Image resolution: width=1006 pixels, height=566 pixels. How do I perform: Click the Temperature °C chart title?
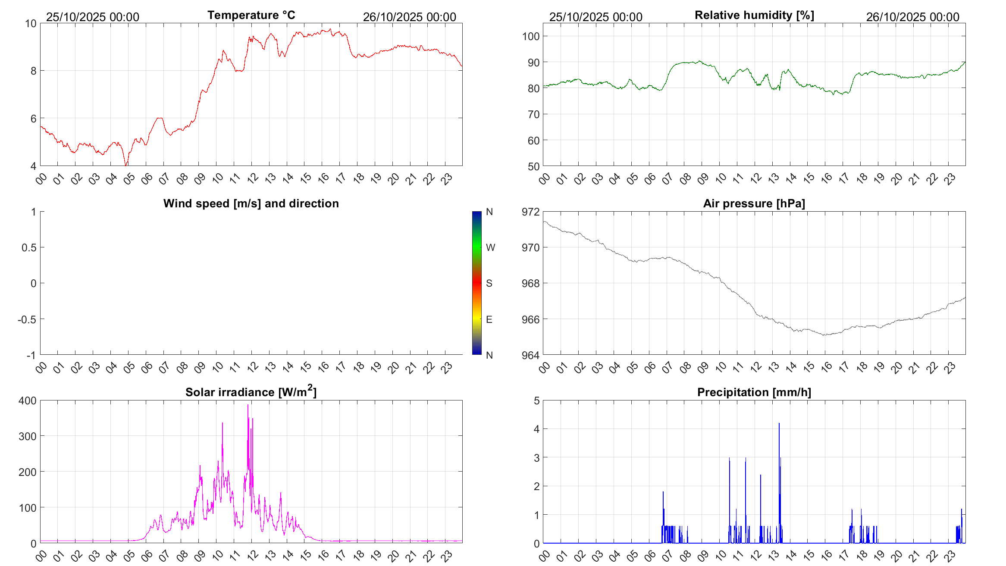tap(251, 15)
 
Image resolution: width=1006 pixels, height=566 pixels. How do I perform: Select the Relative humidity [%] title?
tap(754, 15)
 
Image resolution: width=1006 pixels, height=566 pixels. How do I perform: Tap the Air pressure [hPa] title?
tap(754, 203)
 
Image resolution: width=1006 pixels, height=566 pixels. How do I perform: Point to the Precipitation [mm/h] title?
tap(754, 392)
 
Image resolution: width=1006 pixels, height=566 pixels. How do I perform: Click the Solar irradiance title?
tap(251, 392)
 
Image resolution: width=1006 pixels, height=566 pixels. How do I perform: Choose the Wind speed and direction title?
tap(251, 203)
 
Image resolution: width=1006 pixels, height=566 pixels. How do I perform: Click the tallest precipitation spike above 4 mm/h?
tap(779, 424)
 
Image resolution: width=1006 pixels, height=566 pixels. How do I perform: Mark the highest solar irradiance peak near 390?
tap(248, 406)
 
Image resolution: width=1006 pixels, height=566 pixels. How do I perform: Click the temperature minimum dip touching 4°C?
tap(126, 165)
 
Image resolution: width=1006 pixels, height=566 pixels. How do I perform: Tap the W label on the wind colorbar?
tap(490, 247)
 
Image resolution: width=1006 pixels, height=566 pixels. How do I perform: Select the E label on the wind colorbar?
tap(489, 319)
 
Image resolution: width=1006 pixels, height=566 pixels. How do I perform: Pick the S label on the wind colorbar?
tap(489, 283)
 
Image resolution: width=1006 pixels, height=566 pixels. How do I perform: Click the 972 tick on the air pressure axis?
tap(530, 212)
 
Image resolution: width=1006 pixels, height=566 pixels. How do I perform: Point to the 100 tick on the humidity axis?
tap(530, 36)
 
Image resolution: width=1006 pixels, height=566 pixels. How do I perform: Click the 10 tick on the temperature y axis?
tap(31, 23)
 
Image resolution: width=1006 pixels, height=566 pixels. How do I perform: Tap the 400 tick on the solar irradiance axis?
tap(28, 400)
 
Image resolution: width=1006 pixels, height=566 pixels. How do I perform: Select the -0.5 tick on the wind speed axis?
tap(27, 319)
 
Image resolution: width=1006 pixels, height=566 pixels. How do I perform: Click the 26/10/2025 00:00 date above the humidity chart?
tap(912, 17)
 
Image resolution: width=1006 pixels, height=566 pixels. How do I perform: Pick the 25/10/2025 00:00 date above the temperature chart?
tap(93, 17)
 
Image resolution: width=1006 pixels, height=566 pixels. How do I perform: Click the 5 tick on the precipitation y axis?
tap(536, 400)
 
